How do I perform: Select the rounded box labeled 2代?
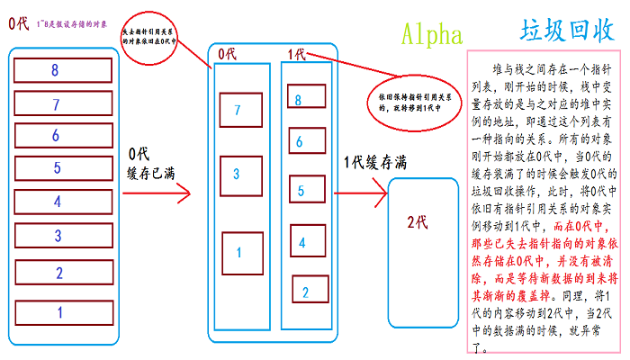417,222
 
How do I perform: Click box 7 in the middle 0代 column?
238,110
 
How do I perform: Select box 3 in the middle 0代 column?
238,173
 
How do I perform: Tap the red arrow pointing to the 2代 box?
360,193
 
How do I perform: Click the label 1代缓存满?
376,163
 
